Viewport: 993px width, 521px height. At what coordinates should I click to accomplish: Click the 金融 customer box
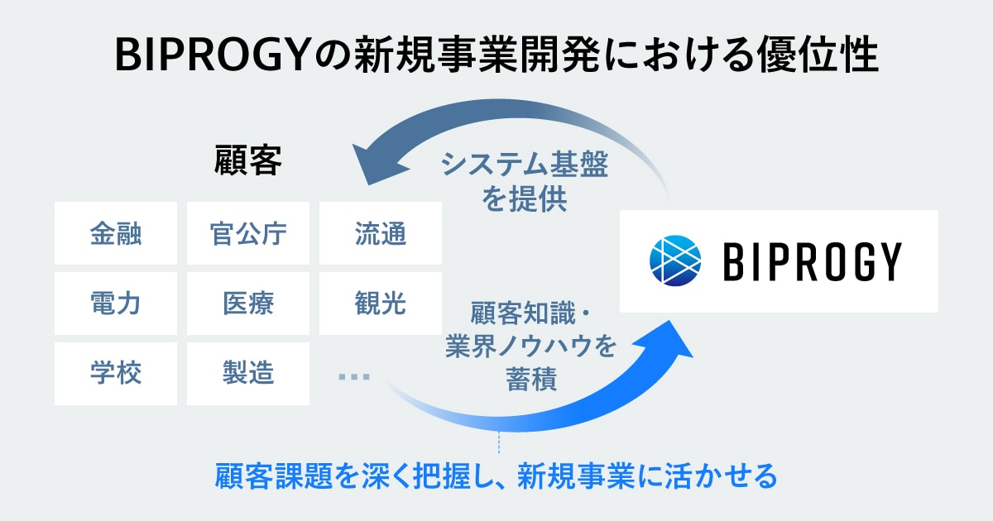116,233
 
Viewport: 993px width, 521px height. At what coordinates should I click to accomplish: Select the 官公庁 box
247,233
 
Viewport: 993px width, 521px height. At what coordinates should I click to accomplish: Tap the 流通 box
381,233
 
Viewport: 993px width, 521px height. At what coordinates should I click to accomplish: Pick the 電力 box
116,304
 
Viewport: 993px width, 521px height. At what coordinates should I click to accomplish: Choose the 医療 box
247,304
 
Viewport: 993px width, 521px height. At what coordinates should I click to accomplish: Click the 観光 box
381,304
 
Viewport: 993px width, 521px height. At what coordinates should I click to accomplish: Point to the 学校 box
116,374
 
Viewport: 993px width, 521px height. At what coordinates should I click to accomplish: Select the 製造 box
247,374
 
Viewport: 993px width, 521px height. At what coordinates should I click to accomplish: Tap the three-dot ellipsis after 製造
354,377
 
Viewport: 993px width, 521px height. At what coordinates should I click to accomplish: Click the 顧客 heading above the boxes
247,160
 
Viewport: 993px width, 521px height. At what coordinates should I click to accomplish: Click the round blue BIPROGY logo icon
675,260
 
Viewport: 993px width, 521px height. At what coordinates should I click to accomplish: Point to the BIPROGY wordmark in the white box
813,261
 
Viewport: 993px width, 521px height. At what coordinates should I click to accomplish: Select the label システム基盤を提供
524,181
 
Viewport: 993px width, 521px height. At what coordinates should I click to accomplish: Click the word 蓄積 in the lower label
531,379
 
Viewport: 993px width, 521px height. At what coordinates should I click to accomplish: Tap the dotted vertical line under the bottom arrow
499,442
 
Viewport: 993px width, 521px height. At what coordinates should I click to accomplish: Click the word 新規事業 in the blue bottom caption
575,476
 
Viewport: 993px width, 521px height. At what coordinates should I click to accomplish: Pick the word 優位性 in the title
818,55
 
